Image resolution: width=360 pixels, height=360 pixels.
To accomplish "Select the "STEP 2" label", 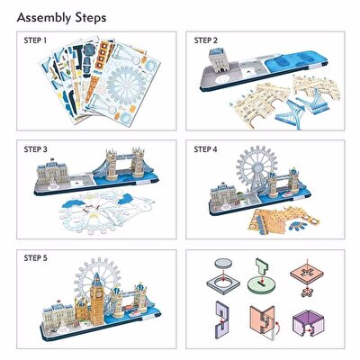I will (205, 41).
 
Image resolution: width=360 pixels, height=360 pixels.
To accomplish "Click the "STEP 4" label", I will (205, 147).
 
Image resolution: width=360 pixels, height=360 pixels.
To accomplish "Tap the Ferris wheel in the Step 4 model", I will (255, 175).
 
